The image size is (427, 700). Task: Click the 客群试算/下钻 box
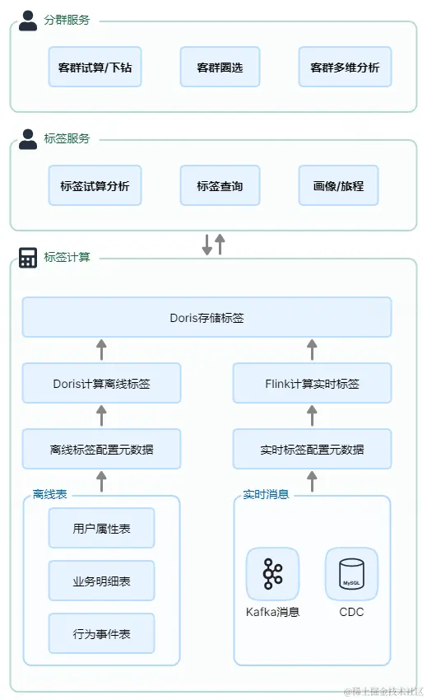pos(95,67)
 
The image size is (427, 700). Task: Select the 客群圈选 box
pos(220,67)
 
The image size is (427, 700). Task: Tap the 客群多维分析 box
pos(345,67)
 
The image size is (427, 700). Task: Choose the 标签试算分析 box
pos(95,185)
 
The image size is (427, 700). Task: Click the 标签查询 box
pos(220,185)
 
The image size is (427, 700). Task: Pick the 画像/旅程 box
pos(345,185)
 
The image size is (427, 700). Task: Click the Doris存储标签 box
pos(207,317)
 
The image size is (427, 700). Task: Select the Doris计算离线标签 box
pos(101,383)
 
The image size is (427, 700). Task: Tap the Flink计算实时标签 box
pos(312,383)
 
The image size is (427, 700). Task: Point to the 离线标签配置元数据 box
pos(101,449)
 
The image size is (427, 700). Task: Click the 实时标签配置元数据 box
pos(312,449)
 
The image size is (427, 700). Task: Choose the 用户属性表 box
pos(101,528)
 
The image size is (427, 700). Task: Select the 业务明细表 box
pos(101,581)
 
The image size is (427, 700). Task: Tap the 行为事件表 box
pos(101,633)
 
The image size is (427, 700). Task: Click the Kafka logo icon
pos(272,574)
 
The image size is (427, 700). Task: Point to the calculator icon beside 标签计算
pos(28,258)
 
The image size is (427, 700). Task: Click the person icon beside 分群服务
pos(28,21)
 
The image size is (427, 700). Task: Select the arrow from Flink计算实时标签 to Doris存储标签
pos(312,350)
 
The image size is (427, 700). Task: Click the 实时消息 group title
pos(266,494)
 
